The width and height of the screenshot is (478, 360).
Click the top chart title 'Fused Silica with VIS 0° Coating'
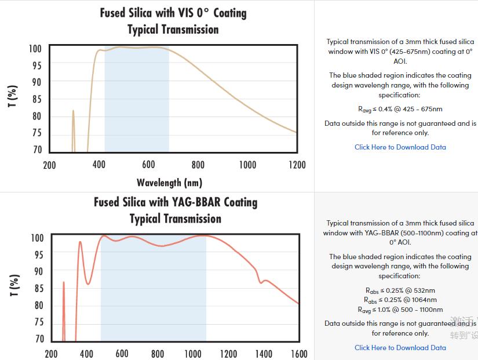(173, 13)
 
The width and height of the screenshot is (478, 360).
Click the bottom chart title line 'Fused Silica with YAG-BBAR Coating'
(176, 202)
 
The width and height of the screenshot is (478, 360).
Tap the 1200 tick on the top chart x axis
(297, 165)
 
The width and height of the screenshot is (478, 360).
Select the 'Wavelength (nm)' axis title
(169, 183)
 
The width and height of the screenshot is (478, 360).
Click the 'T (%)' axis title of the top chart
(13, 97)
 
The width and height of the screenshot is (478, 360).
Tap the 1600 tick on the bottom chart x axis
(299, 354)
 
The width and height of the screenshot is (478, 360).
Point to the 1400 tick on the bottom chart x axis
(264, 354)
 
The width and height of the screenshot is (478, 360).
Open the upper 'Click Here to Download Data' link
(400, 147)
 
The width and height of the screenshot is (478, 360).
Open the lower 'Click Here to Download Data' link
(400, 348)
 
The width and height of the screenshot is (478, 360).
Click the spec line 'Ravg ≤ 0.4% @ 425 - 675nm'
(400, 109)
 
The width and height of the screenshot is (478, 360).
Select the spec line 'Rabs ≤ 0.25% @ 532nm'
(400, 290)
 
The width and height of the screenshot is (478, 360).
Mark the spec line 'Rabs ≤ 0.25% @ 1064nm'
(400, 300)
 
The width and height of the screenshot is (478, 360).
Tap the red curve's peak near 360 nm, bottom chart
(80, 242)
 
